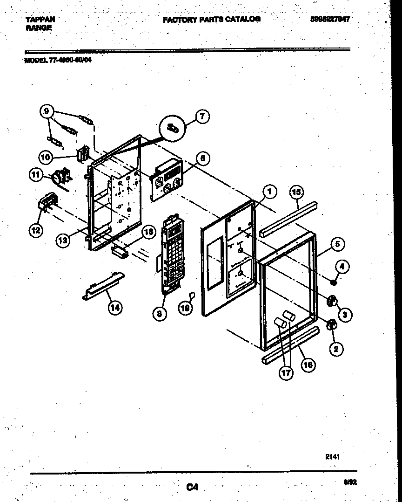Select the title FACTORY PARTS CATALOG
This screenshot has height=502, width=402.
[x=211, y=20]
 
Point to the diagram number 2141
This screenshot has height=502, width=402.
[x=332, y=457]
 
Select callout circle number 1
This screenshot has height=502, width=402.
[x=268, y=191]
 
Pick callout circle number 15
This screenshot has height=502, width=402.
[x=296, y=191]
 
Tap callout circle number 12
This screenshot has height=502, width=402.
[x=36, y=230]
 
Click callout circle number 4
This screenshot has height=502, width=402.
[x=342, y=267]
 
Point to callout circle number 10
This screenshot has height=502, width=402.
[x=46, y=158]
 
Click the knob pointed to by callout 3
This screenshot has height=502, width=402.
[x=332, y=302]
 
